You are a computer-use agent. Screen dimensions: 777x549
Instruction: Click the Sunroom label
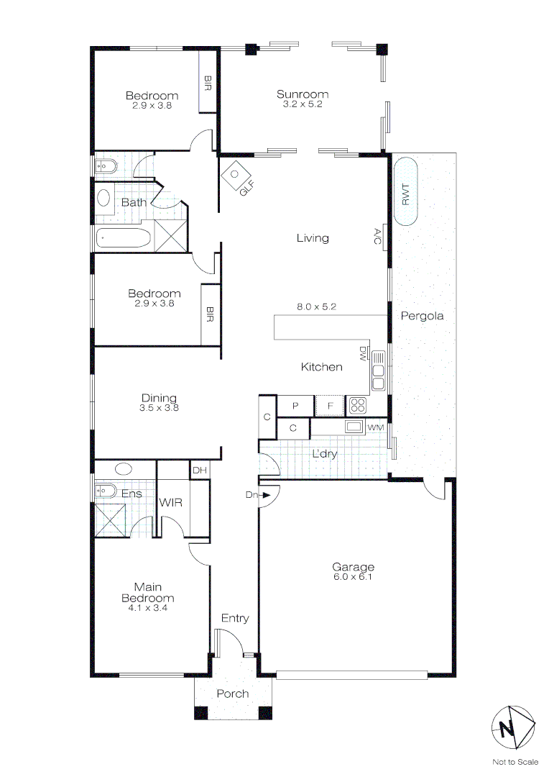[x=303, y=94]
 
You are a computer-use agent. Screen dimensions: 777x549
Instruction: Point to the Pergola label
[x=422, y=316]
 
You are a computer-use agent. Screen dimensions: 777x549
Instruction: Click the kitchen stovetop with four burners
[x=358, y=406]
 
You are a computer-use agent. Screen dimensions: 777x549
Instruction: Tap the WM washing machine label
[x=375, y=428]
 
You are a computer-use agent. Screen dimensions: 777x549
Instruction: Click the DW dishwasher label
[x=363, y=353]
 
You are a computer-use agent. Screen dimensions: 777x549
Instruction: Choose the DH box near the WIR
[x=199, y=471]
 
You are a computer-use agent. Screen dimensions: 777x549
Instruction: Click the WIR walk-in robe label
[x=171, y=502]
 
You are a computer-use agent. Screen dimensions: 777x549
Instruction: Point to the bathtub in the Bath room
[x=123, y=237]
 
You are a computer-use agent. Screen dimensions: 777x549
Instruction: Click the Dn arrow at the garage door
[x=266, y=495]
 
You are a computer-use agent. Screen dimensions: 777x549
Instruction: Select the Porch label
[x=233, y=694]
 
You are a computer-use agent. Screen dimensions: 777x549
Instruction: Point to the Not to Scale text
[x=515, y=762]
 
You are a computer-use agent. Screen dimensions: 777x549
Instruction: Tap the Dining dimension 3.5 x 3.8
[x=159, y=407]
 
